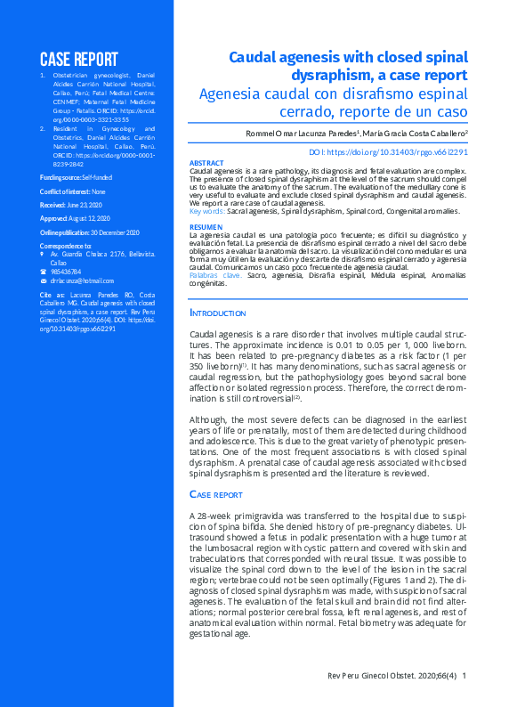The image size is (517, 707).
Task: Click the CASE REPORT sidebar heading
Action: point(78,60)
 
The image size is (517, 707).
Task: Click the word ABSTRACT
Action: point(207,163)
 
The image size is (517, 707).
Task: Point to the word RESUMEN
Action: point(206,227)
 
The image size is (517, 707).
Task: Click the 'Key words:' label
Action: point(207,211)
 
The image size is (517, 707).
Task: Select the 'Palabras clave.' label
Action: point(216,276)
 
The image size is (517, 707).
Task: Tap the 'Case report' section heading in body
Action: point(216,493)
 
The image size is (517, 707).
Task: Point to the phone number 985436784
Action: point(67,272)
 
